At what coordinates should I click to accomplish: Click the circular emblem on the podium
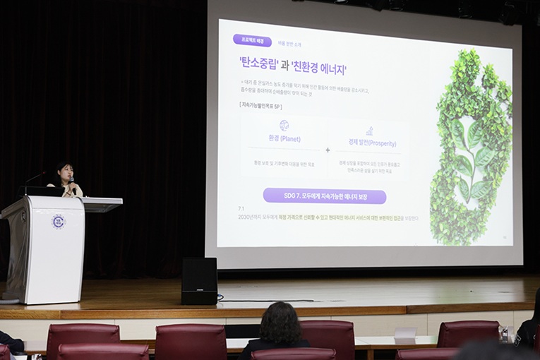57,222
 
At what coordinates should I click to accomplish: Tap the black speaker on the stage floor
199,280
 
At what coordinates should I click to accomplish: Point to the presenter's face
65,173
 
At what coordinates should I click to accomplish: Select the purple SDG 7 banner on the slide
324,196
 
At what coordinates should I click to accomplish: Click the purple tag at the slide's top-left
251,41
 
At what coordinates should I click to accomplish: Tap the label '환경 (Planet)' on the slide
284,139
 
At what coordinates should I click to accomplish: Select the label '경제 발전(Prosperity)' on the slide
371,143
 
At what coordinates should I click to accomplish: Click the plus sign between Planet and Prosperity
328,150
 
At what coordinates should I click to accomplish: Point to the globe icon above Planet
284,125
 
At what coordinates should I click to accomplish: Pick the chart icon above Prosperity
369,131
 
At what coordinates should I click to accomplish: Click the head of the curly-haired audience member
280,324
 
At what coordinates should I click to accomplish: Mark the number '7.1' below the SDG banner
241,209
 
